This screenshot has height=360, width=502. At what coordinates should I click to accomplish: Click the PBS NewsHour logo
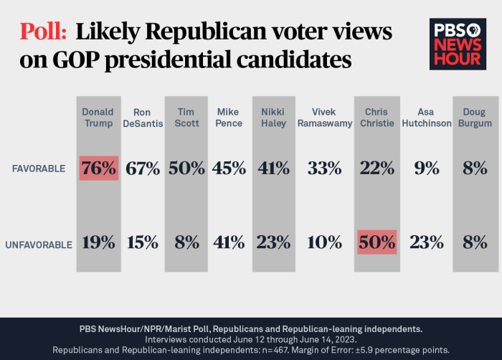(x=458, y=44)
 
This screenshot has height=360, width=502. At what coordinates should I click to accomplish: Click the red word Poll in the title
(x=43, y=32)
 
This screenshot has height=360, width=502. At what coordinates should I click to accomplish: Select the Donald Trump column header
(x=98, y=118)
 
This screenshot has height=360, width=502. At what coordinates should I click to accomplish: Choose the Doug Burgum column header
(x=474, y=118)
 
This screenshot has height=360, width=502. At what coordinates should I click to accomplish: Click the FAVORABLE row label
(x=39, y=169)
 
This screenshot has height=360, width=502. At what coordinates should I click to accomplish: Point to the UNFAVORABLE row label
(x=39, y=244)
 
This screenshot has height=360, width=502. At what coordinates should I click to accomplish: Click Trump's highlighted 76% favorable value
(x=98, y=169)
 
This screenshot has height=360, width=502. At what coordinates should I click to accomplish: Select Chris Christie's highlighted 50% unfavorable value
(x=376, y=242)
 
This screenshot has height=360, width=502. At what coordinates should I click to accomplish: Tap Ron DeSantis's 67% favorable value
(x=143, y=169)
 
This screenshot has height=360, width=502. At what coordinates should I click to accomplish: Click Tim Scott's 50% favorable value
(x=187, y=169)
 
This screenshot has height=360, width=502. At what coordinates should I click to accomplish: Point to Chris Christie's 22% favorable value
(x=376, y=169)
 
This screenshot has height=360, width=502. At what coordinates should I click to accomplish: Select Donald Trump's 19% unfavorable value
(x=98, y=242)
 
